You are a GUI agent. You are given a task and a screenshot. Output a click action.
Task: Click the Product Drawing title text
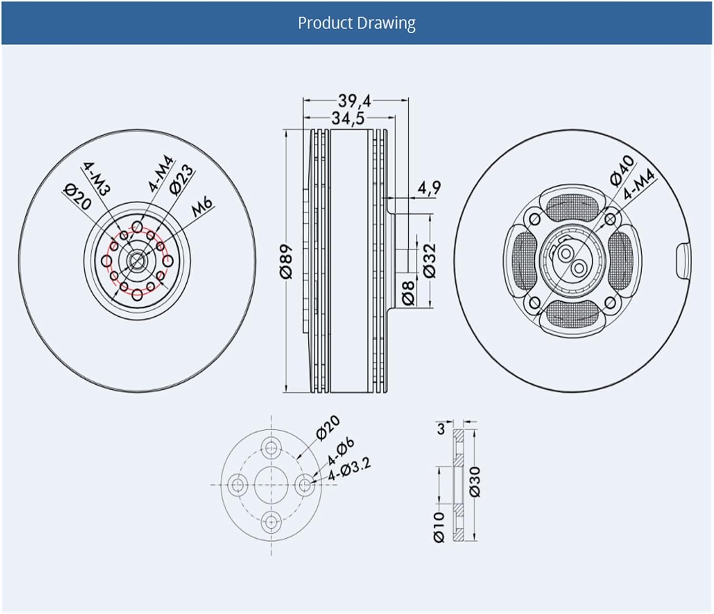coord(357,23)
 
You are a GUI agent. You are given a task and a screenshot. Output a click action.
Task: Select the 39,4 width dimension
coord(355,100)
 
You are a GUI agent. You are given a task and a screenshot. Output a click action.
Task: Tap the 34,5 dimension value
coord(348,118)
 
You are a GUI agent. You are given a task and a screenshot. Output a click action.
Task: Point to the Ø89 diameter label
coord(287,261)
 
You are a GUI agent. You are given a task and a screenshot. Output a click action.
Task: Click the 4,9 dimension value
coord(429,188)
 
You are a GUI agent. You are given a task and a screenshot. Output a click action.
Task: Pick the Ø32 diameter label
coord(429,260)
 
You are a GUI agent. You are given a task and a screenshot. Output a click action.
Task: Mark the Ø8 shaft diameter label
coord(409,292)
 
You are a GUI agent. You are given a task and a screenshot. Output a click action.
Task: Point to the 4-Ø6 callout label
coord(340,451)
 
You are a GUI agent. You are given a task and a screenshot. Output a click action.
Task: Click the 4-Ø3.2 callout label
coord(349,469)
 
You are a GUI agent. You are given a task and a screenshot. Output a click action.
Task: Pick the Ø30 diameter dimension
coord(475,482)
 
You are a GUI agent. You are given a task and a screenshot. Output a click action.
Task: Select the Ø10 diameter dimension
coord(438,527)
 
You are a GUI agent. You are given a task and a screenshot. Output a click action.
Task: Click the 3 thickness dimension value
coord(441,429)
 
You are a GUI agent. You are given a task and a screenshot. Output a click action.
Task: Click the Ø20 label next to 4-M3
coord(77,197)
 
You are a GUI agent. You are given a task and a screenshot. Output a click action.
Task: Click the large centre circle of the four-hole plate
coord(271,485)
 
